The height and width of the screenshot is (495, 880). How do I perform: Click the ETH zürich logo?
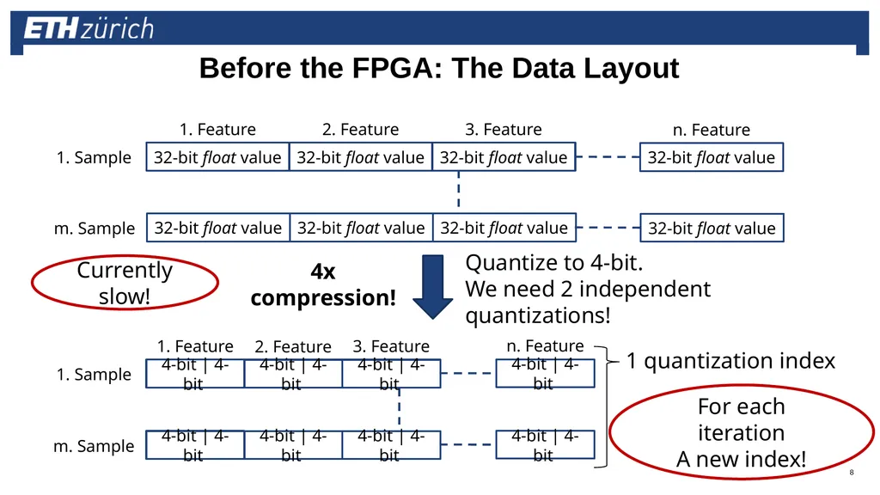coord(89,28)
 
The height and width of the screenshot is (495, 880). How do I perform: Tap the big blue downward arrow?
coord(433,287)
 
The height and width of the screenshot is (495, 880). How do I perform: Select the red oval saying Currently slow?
coord(125,282)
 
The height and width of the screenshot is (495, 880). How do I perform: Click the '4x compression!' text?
coord(323,284)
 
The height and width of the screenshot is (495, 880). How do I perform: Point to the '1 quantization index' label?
coord(730,360)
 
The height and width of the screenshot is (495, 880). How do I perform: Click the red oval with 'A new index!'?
coord(742,432)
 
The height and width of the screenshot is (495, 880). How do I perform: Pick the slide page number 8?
coord(852,472)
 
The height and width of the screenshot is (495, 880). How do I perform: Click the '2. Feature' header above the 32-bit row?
coord(360,130)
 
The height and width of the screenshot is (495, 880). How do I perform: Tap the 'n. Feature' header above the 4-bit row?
coord(545,345)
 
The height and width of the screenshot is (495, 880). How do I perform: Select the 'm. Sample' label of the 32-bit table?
coord(95,229)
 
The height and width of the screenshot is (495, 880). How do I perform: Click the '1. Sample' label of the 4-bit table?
coord(94,375)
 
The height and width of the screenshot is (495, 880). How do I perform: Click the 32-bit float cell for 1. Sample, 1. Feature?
coord(217,157)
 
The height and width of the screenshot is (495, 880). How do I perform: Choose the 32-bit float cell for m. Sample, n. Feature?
coord(712,228)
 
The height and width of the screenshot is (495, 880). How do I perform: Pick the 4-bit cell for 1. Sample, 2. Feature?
coord(293,374)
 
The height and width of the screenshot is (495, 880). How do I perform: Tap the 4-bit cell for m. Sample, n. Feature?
coord(545,444)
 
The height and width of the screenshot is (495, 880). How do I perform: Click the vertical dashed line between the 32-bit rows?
coord(459,189)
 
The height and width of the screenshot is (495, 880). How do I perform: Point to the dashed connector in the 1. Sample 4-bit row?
coord(468,373)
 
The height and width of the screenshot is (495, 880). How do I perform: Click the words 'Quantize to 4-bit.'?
coord(554,263)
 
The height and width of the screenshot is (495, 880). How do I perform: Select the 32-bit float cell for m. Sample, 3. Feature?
coord(504,228)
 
